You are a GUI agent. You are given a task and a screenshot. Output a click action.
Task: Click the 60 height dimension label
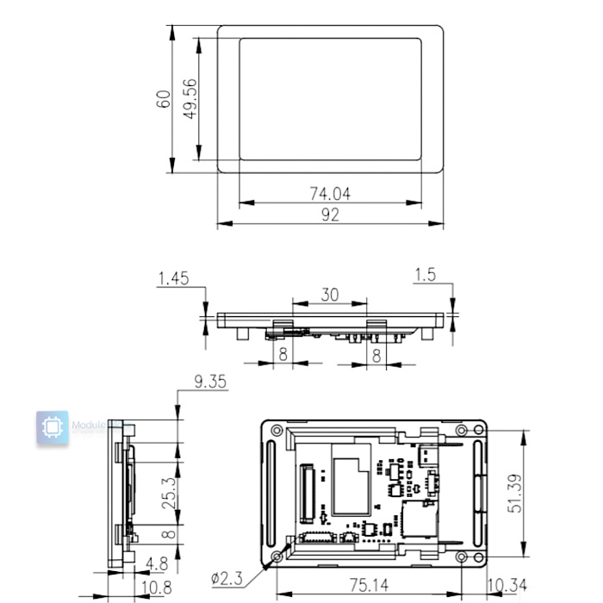(162, 98)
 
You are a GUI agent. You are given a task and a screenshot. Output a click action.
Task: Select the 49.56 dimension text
(190, 98)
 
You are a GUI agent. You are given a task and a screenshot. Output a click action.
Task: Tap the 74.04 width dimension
(330, 194)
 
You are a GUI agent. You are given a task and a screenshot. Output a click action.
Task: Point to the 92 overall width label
(330, 214)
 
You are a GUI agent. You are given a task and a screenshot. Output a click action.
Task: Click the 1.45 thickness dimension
(174, 277)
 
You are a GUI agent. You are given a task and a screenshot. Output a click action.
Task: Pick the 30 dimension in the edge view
(330, 294)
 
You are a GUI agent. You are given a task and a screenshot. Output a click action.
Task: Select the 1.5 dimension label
(425, 275)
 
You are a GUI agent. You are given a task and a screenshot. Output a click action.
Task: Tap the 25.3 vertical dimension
(170, 492)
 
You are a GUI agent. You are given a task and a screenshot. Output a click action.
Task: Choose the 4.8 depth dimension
(156, 565)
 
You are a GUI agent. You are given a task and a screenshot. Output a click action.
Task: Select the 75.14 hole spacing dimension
(368, 585)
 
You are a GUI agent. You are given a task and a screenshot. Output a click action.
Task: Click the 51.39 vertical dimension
(514, 492)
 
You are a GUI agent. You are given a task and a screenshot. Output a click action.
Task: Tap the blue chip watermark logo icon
(53, 428)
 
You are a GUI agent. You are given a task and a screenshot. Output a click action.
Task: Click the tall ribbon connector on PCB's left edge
(304, 494)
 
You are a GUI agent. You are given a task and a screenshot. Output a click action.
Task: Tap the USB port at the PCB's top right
(427, 455)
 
